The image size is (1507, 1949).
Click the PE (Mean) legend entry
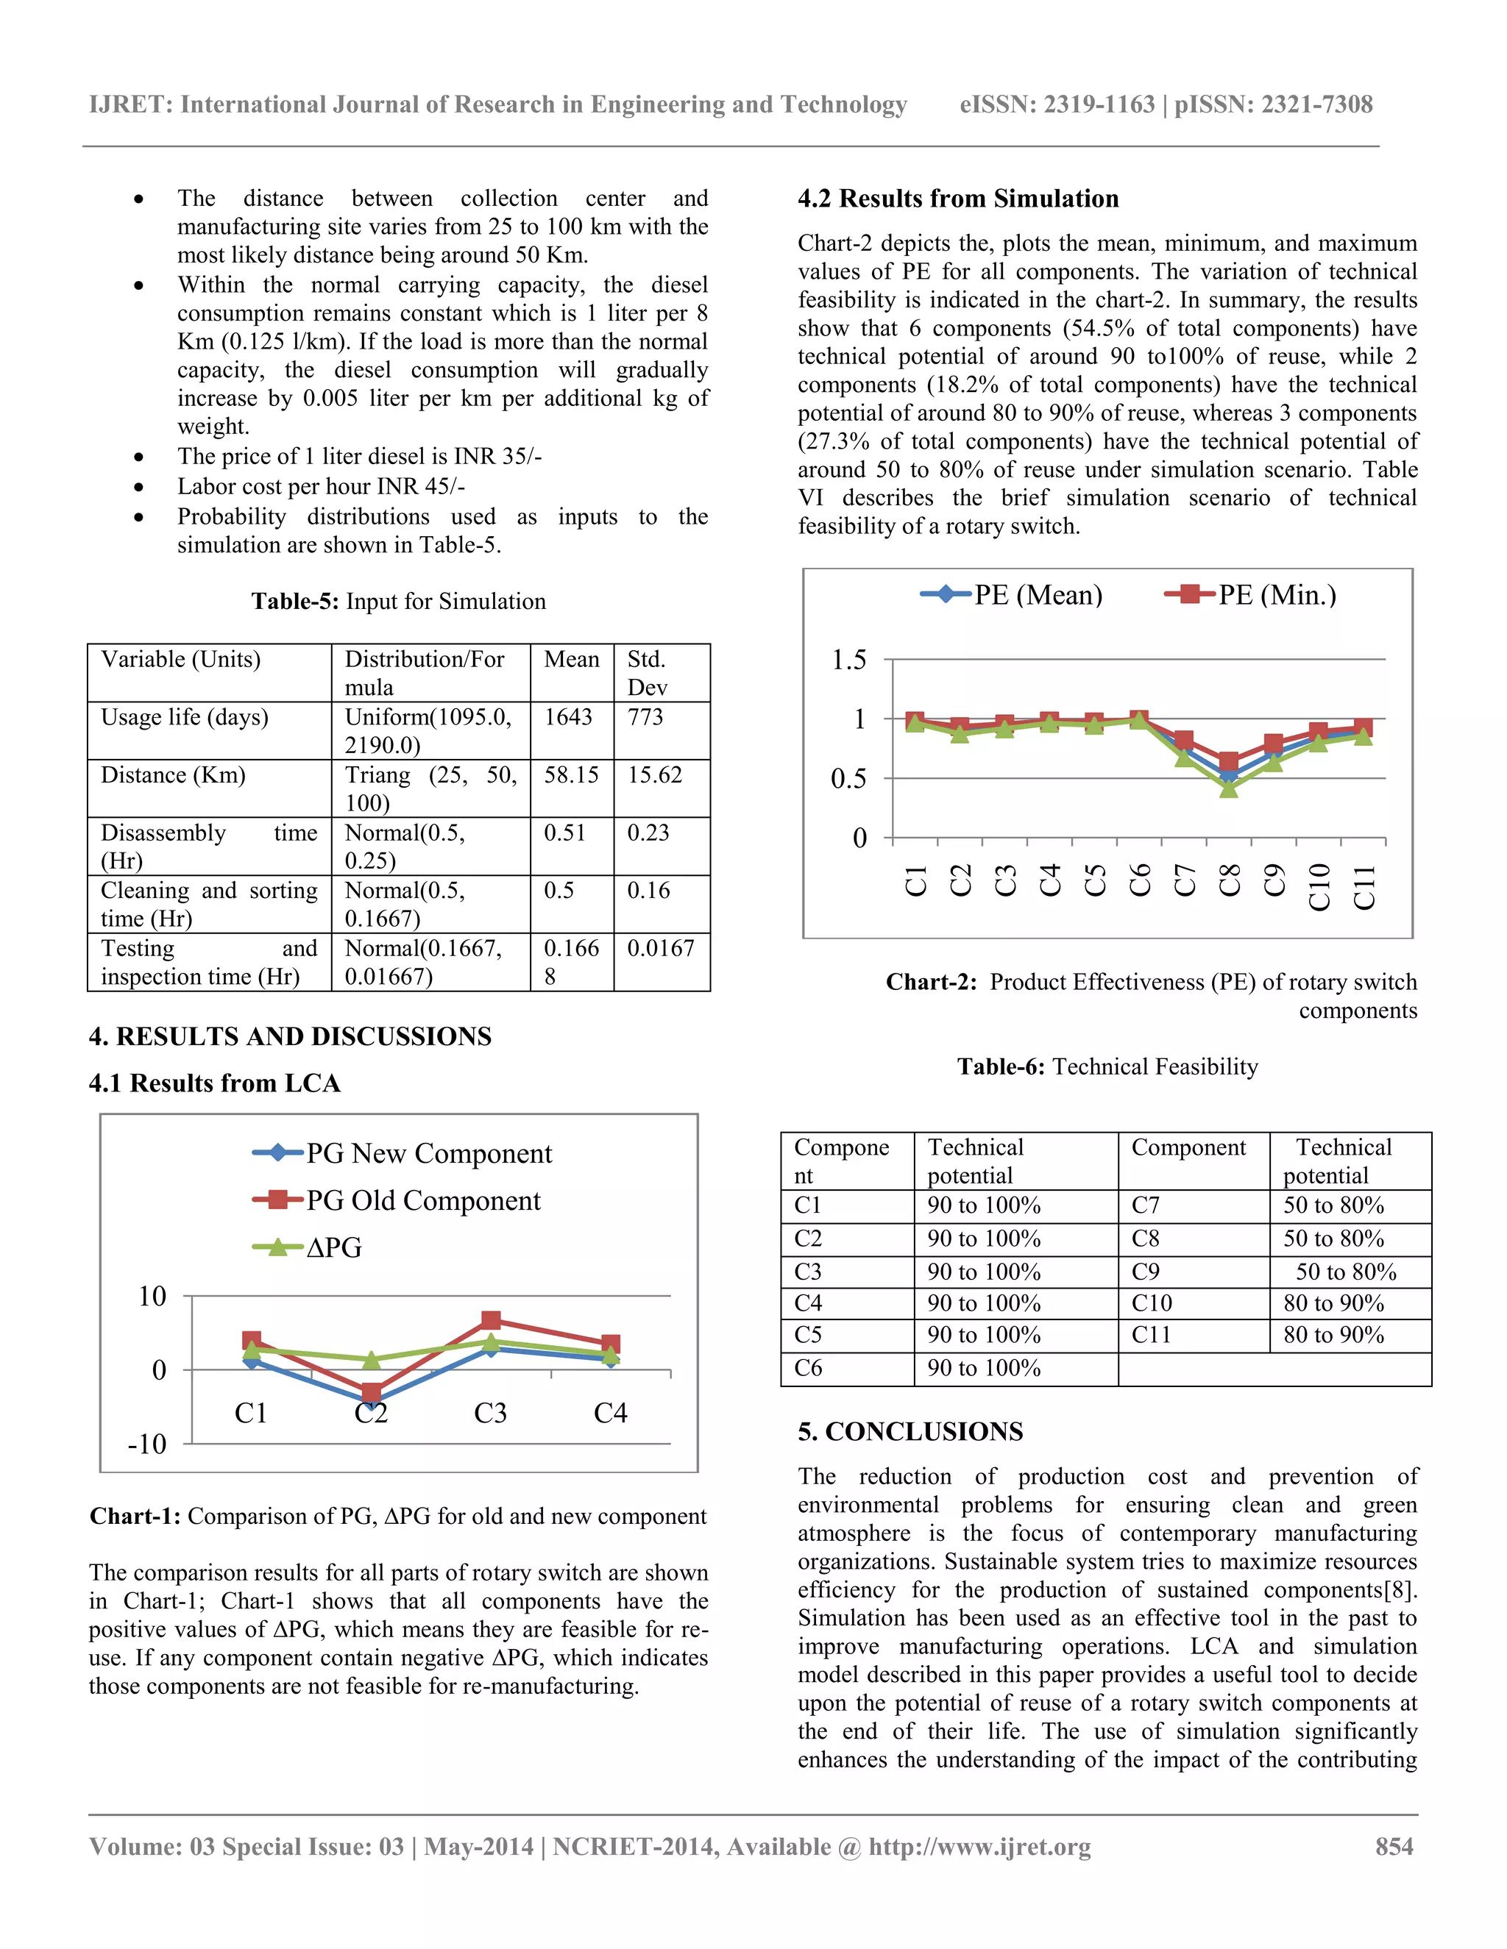pyautogui.click(x=1012, y=594)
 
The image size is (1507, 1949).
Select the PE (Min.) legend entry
pyautogui.click(x=1251, y=594)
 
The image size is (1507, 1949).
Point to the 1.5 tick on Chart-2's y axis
pyautogui.click(x=848, y=660)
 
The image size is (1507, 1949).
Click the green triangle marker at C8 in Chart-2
pyautogui.click(x=1228, y=788)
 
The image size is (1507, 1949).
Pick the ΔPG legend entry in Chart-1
pyautogui.click(x=308, y=1247)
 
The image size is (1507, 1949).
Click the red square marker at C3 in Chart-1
pyautogui.click(x=490, y=1320)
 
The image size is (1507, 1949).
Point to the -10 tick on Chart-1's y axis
pyautogui.click(x=147, y=1444)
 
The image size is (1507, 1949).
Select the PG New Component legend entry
pyautogui.click(x=403, y=1153)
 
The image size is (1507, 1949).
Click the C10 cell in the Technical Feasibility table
pyautogui.click(x=1152, y=1303)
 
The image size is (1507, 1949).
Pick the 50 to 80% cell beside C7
pyautogui.click(x=1333, y=1205)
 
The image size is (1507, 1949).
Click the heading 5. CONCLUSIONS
pyautogui.click(x=909, y=1431)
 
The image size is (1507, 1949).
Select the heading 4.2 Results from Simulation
pyautogui.click(x=957, y=198)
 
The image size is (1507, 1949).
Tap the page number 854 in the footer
pyautogui.click(x=1394, y=1846)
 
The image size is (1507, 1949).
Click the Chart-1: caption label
pyautogui.click(x=135, y=1517)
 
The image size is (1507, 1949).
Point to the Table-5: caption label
pyautogui.click(x=294, y=602)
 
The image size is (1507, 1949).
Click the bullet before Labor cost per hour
pyautogui.click(x=138, y=487)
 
